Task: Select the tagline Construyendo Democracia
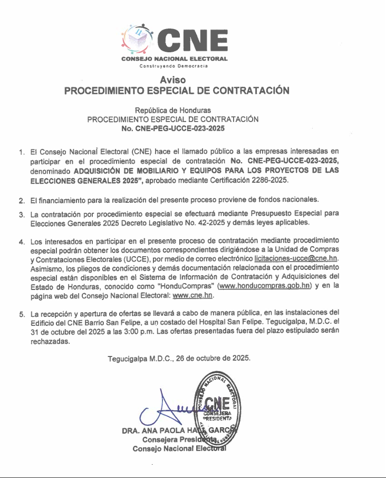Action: click(173, 66)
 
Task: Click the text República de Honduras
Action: click(173, 110)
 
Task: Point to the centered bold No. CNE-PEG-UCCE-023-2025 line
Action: click(173, 128)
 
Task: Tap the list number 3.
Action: click(22, 214)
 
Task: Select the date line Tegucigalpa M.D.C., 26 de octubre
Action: click(179, 358)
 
